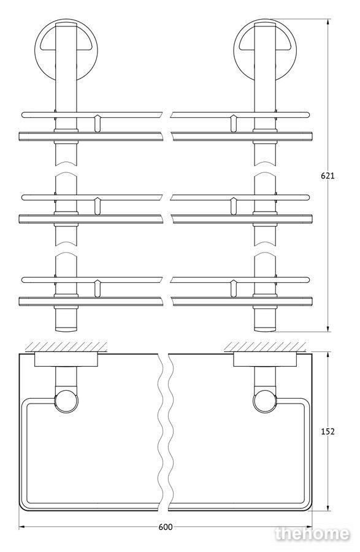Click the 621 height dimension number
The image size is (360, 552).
[x=327, y=175]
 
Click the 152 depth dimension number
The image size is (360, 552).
[x=327, y=431]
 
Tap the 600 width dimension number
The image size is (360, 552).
[x=166, y=527]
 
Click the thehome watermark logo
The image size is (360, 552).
[x=313, y=534]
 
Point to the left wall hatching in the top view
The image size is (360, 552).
[x=66, y=347]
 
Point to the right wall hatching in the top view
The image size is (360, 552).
[x=265, y=347]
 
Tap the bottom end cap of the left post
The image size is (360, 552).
[x=66, y=329]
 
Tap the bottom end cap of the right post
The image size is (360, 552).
[x=265, y=329]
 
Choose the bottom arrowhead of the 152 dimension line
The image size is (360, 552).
[x=328, y=508]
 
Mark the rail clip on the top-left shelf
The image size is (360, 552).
[x=98, y=123]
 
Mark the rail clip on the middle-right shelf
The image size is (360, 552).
[x=233, y=205]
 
